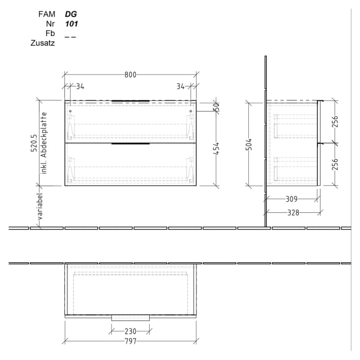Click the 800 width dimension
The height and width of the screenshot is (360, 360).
click(130, 75)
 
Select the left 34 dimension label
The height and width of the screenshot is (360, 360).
click(80, 86)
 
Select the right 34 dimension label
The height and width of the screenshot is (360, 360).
click(180, 86)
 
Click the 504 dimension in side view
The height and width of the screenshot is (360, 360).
click(248, 145)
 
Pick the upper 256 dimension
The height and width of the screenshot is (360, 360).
click(335, 121)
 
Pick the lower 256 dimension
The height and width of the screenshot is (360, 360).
click(335, 164)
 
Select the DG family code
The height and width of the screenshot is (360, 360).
click(70, 14)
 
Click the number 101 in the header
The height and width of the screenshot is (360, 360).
click(71, 24)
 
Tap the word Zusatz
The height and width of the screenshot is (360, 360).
click(43, 43)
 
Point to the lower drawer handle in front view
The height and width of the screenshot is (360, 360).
click(130, 145)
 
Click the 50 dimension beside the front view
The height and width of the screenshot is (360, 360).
click(217, 107)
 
